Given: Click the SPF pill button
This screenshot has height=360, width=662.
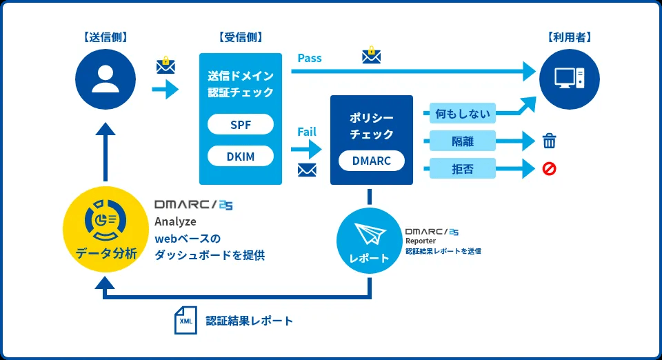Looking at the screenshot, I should (x=241, y=124).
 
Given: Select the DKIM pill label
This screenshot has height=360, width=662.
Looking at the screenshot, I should (x=241, y=157).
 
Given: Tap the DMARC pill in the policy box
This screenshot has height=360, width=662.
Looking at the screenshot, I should (x=371, y=161).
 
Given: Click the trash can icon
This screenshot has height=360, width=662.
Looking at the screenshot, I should (x=550, y=142).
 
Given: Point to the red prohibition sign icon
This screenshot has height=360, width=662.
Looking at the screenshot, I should (x=550, y=169).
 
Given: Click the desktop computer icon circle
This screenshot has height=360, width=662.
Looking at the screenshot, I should (x=570, y=79).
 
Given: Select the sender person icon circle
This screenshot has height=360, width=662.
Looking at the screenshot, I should (x=106, y=79).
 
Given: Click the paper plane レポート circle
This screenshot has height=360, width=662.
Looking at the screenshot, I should (x=370, y=240).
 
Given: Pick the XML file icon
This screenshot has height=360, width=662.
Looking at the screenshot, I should (x=185, y=321).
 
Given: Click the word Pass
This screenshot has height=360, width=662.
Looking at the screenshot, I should (x=310, y=58).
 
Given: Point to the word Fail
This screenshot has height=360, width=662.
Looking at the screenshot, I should (x=307, y=131).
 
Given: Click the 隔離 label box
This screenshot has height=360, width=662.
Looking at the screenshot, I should (x=463, y=142).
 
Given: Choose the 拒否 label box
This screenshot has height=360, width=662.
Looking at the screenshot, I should (x=463, y=169).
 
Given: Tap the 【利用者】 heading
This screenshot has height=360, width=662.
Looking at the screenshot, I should (x=570, y=37).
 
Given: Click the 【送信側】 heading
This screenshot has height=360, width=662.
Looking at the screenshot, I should (x=106, y=37).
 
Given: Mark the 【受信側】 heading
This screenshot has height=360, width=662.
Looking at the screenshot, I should (x=240, y=37).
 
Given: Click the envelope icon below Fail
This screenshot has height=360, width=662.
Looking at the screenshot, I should (x=307, y=170).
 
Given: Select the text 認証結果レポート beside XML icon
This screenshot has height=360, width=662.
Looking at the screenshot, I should (x=249, y=321).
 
